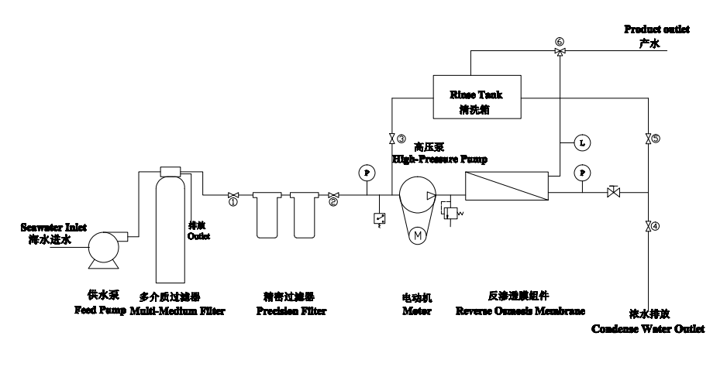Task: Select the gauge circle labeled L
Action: [581, 142]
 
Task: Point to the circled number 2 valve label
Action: [333, 204]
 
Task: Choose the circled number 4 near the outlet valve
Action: [656, 227]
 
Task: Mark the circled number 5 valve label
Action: [656, 139]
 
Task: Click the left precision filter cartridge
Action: [266, 216]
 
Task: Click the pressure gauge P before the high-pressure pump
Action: [366, 171]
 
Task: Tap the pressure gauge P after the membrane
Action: [581, 171]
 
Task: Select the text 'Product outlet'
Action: [656, 29]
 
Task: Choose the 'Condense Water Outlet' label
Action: [648, 328]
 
